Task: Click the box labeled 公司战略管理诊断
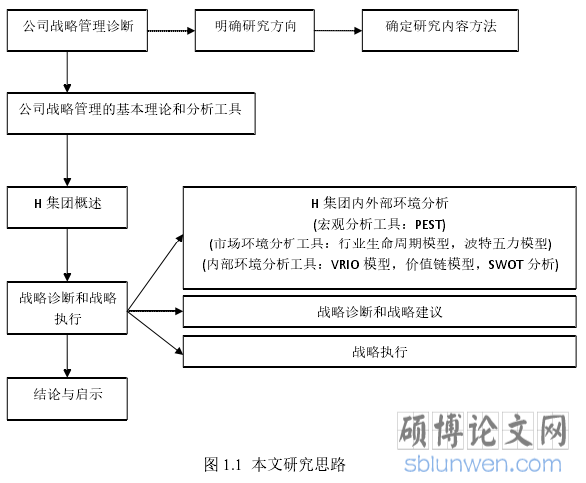pyautogui.click(x=77, y=30)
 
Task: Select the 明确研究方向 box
pyautogui.click(x=255, y=30)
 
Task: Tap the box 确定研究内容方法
pyautogui.click(x=440, y=30)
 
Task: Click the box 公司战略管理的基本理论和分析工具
pyautogui.click(x=131, y=113)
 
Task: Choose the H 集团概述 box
pyautogui.click(x=67, y=207)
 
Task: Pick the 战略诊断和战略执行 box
pyautogui.click(x=67, y=308)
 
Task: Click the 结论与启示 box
pyautogui.click(x=67, y=399)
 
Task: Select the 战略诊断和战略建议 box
pyautogui.click(x=379, y=312)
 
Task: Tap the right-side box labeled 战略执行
pyautogui.click(x=379, y=351)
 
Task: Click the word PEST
pyautogui.click(x=429, y=225)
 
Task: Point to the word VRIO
pyautogui.click(x=345, y=264)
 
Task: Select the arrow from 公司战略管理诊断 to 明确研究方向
pyautogui.click(x=171, y=31)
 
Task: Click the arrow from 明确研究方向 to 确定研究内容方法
pyautogui.click(x=339, y=31)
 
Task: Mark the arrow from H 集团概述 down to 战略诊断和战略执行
pyautogui.click(x=67, y=254)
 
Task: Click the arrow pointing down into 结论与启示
pyautogui.click(x=67, y=356)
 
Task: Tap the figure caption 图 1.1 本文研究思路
pyautogui.click(x=275, y=464)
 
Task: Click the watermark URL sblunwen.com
pyautogui.click(x=483, y=464)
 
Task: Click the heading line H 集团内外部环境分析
pyautogui.click(x=379, y=203)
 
